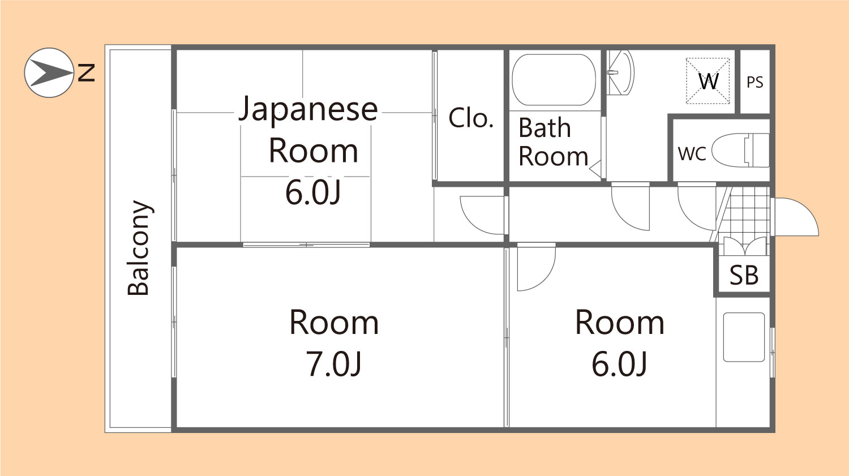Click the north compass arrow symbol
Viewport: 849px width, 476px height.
49,72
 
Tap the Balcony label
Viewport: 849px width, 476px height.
139,248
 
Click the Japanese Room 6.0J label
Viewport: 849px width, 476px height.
308,150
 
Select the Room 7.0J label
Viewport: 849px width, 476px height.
334,342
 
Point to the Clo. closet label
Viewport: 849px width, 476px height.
470,118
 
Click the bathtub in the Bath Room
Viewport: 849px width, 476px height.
554,80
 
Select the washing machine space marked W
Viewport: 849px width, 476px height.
707,81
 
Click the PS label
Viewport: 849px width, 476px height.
754,83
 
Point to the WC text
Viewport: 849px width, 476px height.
692,153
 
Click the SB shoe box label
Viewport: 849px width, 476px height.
743,276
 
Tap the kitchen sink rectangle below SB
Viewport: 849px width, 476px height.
744,337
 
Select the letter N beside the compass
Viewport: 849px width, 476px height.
86,72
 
